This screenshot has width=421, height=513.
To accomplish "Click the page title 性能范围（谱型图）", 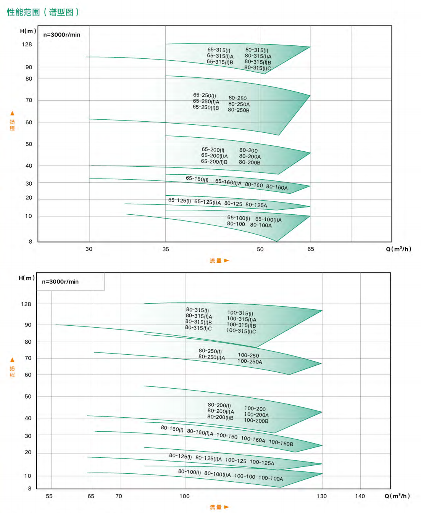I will [43, 12].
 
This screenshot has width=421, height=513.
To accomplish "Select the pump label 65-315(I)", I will [219, 50].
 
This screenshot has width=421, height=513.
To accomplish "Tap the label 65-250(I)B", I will [206, 108].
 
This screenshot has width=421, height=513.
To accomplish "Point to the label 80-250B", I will [239, 110].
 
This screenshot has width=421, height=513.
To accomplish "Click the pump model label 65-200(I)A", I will [214, 156].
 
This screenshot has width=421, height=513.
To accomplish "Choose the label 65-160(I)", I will [197, 179].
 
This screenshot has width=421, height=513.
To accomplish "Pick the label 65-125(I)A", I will [207, 202].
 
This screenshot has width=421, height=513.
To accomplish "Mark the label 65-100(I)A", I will [268, 220].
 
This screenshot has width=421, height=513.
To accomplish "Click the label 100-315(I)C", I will [241, 331].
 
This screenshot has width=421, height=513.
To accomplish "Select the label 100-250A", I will [250, 362].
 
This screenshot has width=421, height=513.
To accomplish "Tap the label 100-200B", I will [256, 421].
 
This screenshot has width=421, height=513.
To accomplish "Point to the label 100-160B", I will [281, 443].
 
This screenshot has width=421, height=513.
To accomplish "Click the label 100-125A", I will [262, 463].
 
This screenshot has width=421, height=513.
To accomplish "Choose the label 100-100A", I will [271, 478].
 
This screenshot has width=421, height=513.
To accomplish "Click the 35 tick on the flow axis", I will [166, 249].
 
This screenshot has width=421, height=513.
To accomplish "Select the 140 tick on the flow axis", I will [360, 496].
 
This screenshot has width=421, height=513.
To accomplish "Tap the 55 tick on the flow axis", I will [49, 496].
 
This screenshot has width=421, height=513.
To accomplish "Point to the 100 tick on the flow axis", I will [185, 496].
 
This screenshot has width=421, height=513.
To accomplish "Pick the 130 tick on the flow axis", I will [322, 496].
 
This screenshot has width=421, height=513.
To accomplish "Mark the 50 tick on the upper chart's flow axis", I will [260, 249].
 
